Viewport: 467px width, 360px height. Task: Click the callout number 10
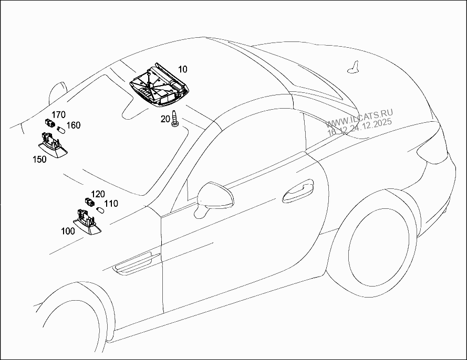182,69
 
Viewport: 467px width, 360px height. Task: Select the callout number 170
58,114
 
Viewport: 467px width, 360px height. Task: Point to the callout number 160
74,125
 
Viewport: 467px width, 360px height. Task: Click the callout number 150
40,159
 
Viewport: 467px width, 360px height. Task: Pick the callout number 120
98,194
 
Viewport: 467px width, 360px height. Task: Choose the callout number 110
111,204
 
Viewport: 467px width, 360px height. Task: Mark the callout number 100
68,231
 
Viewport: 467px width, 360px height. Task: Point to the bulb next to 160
60,129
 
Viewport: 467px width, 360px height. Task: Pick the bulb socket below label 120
89,202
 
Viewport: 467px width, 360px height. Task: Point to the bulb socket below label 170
50,124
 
